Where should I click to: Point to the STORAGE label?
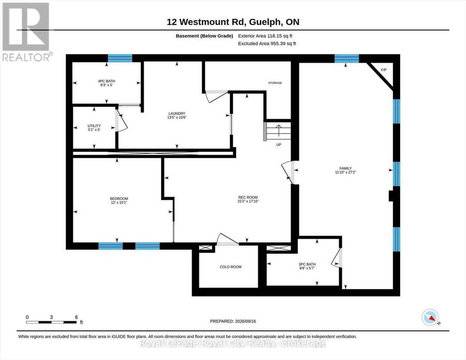pyautogui.click(x=275, y=83)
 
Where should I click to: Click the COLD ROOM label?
pyautogui.click(x=230, y=267)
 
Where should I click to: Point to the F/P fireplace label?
pyautogui.click(x=384, y=70)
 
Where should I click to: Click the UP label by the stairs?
pyautogui.click(x=279, y=145)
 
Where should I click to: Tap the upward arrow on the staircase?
pyautogui.click(x=279, y=130)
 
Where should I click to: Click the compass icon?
pyautogui.click(x=430, y=317)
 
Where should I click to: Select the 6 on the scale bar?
pyautogui.click(x=77, y=317)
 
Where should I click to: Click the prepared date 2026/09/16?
pyautogui.click(x=245, y=321)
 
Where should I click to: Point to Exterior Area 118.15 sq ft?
pyautogui.click(x=265, y=36)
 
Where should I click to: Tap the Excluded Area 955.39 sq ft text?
pyautogui.click(x=267, y=44)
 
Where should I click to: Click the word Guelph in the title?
pyautogui.click(x=265, y=22)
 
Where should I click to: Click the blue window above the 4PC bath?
pyautogui.click(x=120, y=58)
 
